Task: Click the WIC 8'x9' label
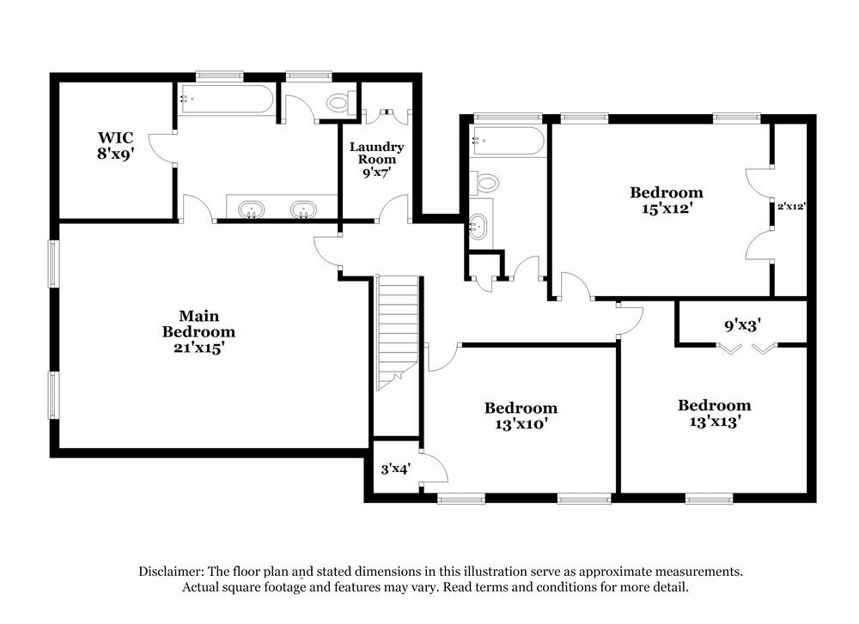[116, 146]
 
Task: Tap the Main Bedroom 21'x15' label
[198, 332]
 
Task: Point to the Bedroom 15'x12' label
[666, 199]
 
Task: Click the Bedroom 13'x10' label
[520, 415]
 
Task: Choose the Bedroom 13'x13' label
[714, 413]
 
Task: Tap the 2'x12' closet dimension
[790, 206]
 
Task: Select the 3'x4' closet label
[395, 469]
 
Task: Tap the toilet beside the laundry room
[340, 103]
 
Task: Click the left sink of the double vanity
[251, 208]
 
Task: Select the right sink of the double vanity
[302, 208]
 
